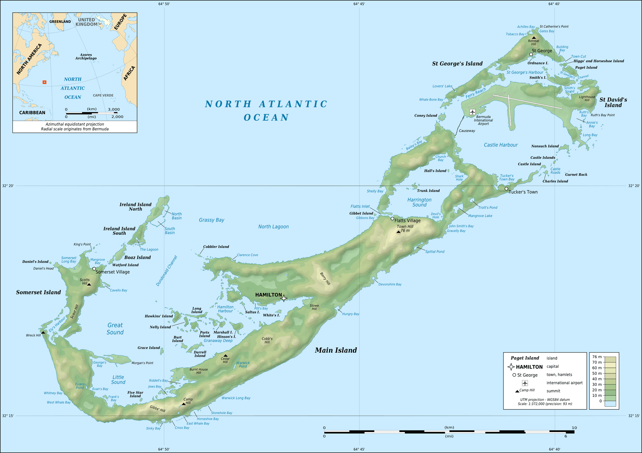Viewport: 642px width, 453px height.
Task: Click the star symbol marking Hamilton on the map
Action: pyautogui.click(x=284, y=298)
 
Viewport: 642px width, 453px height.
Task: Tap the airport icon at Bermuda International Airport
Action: pyautogui.click(x=472, y=112)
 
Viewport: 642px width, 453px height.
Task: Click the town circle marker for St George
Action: pyautogui.click(x=531, y=55)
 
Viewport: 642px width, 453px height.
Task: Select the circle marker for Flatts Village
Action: pyautogui.click(x=392, y=219)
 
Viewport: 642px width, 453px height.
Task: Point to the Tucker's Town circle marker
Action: pyautogui.click(x=506, y=189)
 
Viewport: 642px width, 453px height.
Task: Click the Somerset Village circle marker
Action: pyautogui.click(x=94, y=269)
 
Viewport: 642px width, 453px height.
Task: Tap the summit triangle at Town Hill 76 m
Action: pyautogui.click(x=398, y=232)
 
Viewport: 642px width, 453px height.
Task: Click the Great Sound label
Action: pyautogui.click(x=115, y=329)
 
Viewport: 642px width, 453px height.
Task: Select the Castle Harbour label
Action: pyautogui.click(x=500, y=145)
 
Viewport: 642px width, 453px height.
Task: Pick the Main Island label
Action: pyautogui.click(x=336, y=350)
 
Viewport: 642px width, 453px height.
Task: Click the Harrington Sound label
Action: pyautogui.click(x=419, y=202)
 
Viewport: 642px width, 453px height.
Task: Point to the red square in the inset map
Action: pyautogui.click(x=45, y=82)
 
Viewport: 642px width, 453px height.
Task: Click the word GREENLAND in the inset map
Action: pyautogui.click(x=60, y=22)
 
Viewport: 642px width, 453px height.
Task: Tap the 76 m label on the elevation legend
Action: pyautogui.click(x=597, y=357)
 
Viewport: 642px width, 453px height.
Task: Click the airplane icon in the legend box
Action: pyautogui.click(x=525, y=383)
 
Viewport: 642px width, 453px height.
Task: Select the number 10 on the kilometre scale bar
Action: pyautogui.click(x=574, y=428)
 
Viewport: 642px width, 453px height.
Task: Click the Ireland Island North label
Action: pyautogui.click(x=135, y=207)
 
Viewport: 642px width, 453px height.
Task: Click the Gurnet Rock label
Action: pyautogui.click(x=576, y=175)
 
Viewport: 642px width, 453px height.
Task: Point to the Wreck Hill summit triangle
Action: pyautogui.click(x=43, y=332)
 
